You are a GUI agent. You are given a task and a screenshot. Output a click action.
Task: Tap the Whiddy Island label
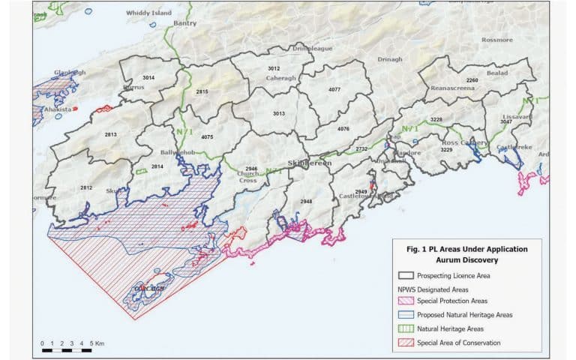click(x=148, y=13)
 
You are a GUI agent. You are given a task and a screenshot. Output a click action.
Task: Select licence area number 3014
click(x=148, y=78)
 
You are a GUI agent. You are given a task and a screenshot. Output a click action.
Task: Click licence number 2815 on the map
click(x=202, y=91)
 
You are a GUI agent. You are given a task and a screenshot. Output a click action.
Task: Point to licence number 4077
click(x=334, y=90)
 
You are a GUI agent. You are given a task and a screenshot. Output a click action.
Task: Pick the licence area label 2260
click(x=472, y=80)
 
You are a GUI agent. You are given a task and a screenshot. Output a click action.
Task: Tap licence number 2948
click(x=305, y=202)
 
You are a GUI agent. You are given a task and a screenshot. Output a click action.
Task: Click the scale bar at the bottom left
click(x=67, y=350)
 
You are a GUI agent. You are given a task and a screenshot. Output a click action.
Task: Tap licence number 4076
click(x=343, y=129)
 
